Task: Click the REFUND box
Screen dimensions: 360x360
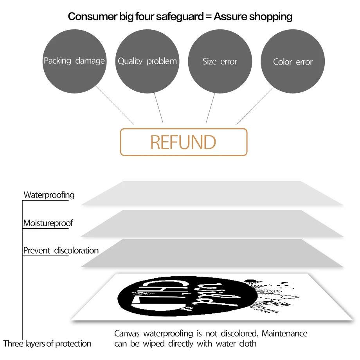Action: click(184, 142)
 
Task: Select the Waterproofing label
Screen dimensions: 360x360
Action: click(49, 194)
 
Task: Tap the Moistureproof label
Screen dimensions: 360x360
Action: click(48, 223)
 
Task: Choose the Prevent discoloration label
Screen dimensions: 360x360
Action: click(61, 250)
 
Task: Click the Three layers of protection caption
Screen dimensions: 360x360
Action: click(47, 344)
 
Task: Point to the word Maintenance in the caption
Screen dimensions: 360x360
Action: click(284, 333)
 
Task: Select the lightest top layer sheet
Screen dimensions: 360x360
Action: click(212, 193)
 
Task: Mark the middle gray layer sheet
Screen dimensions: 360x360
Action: click(212, 223)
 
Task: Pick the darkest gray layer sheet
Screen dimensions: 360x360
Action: click(212, 253)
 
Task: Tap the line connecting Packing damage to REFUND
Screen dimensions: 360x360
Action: click(115, 105)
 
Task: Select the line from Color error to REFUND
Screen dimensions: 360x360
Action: click(255, 105)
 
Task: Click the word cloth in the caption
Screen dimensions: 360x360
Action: click(248, 344)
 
